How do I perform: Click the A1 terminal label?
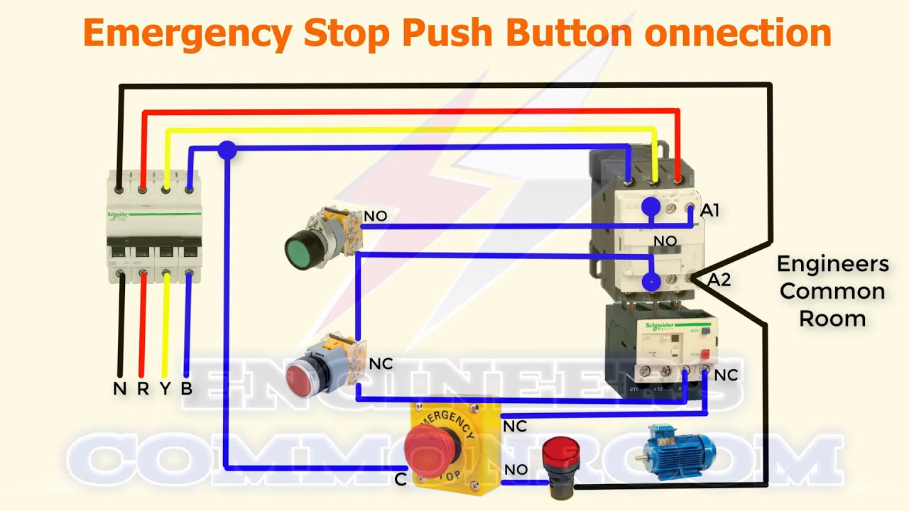709,211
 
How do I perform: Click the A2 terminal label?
719,280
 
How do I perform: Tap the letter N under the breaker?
120,389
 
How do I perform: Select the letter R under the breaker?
143,389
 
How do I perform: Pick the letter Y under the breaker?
165,389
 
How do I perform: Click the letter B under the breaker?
187,389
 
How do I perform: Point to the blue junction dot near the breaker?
227,150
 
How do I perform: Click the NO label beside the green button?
375,216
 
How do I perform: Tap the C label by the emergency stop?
401,480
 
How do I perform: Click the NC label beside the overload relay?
726,375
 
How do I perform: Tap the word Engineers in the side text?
832,264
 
